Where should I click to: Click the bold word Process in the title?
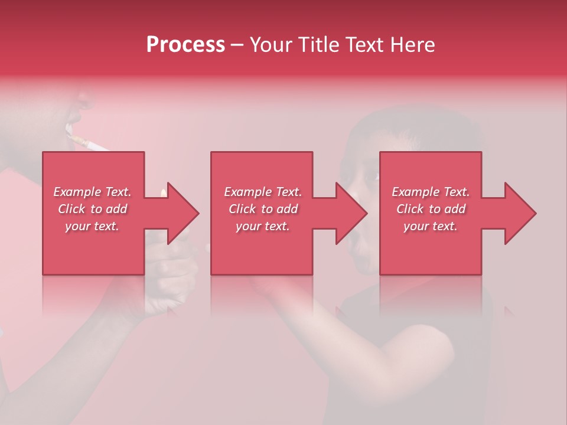pyautogui.click(x=185, y=45)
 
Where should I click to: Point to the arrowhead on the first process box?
pyautogui.click(x=183, y=213)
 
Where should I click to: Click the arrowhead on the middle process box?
pyautogui.click(x=352, y=213)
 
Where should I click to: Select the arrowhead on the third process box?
pyautogui.click(x=520, y=213)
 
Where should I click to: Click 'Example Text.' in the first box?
pyautogui.click(x=92, y=192)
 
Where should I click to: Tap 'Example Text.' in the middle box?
pyautogui.click(x=263, y=192)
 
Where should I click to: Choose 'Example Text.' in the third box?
pyautogui.click(x=431, y=192)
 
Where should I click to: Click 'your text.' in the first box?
pyautogui.click(x=92, y=226)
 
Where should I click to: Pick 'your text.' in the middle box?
pyautogui.click(x=263, y=226)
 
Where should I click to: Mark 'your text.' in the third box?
pyautogui.click(x=431, y=226)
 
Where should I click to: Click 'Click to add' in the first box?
pyautogui.click(x=92, y=209)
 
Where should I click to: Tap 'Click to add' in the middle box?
pyautogui.click(x=263, y=209)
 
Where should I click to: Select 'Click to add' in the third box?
pyautogui.click(x=431, y=209)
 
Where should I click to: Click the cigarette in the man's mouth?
pyautogui.click(x=89, y=143)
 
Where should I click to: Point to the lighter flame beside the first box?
pyautogui.click(x=162, y=192)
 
